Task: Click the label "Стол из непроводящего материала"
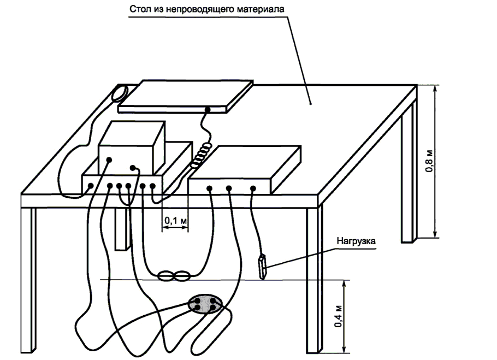(x=206, y=9)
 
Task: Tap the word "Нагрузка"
(x=356, y=241)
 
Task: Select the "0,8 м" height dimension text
(x=429, y=161)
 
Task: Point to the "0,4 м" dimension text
(x=339, y=316)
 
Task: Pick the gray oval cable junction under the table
(x=206, y=304)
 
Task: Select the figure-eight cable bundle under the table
(x=174, y=276)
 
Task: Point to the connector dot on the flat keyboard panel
(x=208, y=110)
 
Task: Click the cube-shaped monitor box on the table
(x=132, y=147)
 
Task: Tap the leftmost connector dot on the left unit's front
(x=90, y=186)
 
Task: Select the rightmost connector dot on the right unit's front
(x=253, y=189)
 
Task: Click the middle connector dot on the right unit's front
(x=229, y=188)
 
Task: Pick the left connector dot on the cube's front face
(x=109, y=160)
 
